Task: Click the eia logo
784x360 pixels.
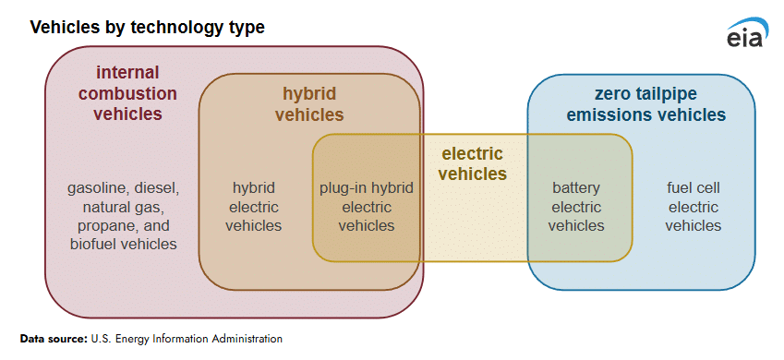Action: (x=747, y=32)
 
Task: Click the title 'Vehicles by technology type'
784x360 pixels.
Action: (x=148, y=28)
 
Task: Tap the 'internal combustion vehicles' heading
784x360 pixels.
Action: (x=127, y=93)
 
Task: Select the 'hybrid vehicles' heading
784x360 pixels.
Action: (x=309, y=104)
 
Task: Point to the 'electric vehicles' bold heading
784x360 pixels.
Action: (x=468, y=164)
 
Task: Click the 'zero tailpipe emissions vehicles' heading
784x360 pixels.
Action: (x=645, y=104)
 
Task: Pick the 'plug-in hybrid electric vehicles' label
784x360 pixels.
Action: (x=367, y=207)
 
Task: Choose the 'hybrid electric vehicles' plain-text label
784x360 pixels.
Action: (x=254, y=207)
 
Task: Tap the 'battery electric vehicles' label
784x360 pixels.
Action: (x=576, y=207)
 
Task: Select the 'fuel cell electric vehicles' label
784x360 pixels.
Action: (x=693, y=207)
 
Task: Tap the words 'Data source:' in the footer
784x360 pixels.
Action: (x=54, y=339)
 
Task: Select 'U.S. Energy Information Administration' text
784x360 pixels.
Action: (x=187, y=339)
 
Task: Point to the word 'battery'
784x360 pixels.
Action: (x=576, y=189)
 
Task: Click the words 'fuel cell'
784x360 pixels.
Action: (x=693, y=188)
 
